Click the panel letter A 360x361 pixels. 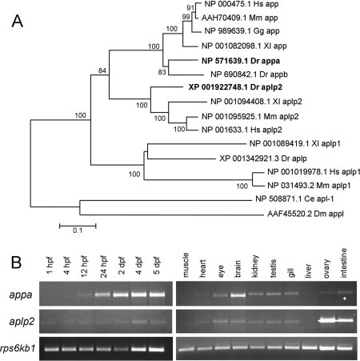pyautogui.click(x=18, y=21)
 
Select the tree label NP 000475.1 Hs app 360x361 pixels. pyautogui.click(x=242, y=4)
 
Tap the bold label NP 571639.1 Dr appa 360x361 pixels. pyautogui.click(x=241, y=61)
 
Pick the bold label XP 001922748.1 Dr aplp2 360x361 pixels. pyautogui.click(x=235, y=87)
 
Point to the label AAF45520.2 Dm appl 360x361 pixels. pyautogui.click(x=306, y=214)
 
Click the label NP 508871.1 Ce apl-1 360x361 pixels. pyautogui.click(x=294, y=199)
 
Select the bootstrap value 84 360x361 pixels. pyautogui.click(x=102, y=70)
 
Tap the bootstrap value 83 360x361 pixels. pyautogui.click(x=162, y=72)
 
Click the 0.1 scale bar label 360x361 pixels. pyautogui.click(x=78, y=231)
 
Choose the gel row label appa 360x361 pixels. pyautogui.click(x=21, y=295)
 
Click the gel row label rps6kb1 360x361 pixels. pyautogui.click(x=18, y=348)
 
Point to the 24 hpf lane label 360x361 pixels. pyautogui.click(x=103, y=266)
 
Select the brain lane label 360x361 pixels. pyautogui.click(x=238, y=268)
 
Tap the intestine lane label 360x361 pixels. pyautogui.click(x=344, y=263)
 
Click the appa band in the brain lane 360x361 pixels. pyautogui.click(x=238, y=295)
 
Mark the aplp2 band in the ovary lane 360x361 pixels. pyautogui.click(x=327, y=319)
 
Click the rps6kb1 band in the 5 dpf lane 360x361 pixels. pyautogui.click(x=157, y=349)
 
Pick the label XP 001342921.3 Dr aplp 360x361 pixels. pyautogui.click(x=263, y=158)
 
